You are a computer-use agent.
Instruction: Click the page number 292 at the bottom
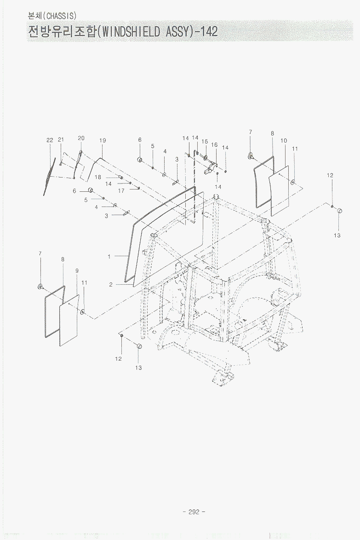point(194,512)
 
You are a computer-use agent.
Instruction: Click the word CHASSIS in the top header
point(60,16)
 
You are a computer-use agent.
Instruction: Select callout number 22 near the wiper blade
point(50,140)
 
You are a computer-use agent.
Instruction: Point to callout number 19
point(103,140)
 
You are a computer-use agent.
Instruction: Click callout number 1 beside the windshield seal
point(109,257)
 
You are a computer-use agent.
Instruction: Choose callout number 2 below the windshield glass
point(111,284)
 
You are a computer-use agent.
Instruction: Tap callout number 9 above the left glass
point(77,271)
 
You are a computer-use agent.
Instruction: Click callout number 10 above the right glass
point(284,141)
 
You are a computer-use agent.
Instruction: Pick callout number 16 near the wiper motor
point(214,144)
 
